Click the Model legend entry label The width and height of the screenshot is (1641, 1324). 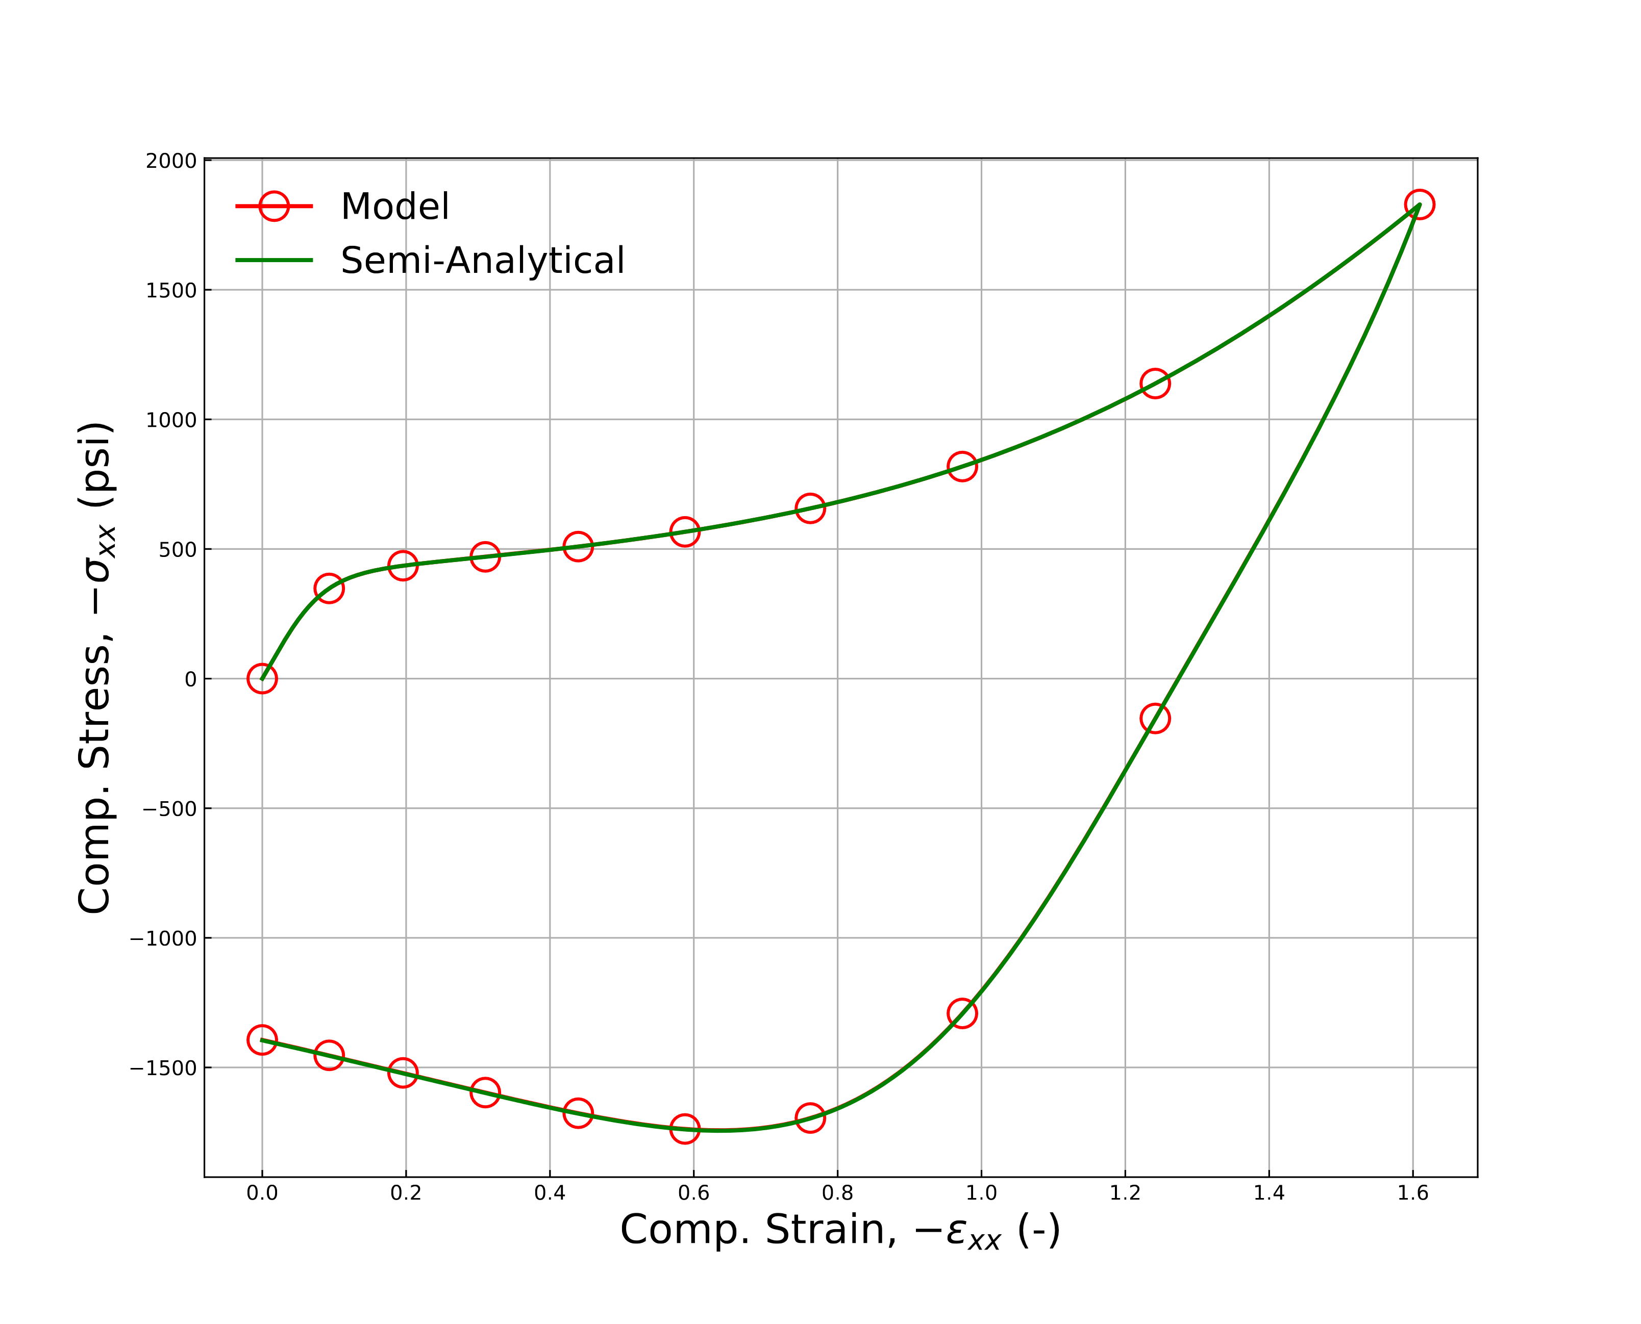pyautogui.click(x=394, y=207)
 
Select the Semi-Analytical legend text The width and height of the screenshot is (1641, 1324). pyautogui.click(x=482, y=261)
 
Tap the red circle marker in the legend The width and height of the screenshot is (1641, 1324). pyautogui.click(x=273, y=207)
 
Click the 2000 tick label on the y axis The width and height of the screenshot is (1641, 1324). pyautogui.click(x=171, y=162)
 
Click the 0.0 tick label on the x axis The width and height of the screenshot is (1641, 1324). pyautogui.click(x=262, y=1193)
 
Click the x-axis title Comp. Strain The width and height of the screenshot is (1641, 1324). pyautogui.click(x=840, y=1231)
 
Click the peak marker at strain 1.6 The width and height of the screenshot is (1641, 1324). pyautogui.click(x=1418, y=205)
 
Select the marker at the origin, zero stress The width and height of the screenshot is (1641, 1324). pyautogui.click(x=262, y=679)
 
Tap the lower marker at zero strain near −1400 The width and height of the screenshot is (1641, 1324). pyautogui.click(x=262, y=1039)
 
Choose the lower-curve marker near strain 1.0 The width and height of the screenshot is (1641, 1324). pyautogui.click(x=961, y=1013)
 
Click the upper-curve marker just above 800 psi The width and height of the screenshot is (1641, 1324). pyautogui.click(x=961, y=466)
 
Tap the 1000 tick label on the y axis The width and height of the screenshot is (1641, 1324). pyautogui.click(x=171, y=420)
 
